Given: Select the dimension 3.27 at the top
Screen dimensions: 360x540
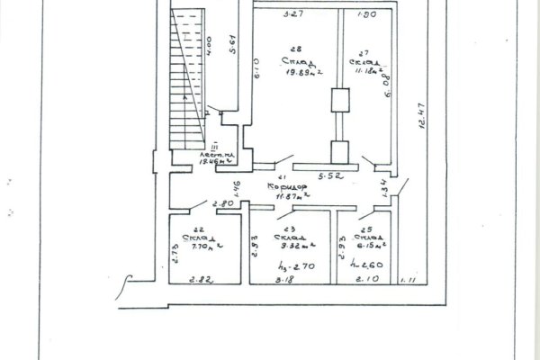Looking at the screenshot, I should click(x=289, y=15).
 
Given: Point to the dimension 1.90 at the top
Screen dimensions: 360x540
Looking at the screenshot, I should click(x=366, y=15).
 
